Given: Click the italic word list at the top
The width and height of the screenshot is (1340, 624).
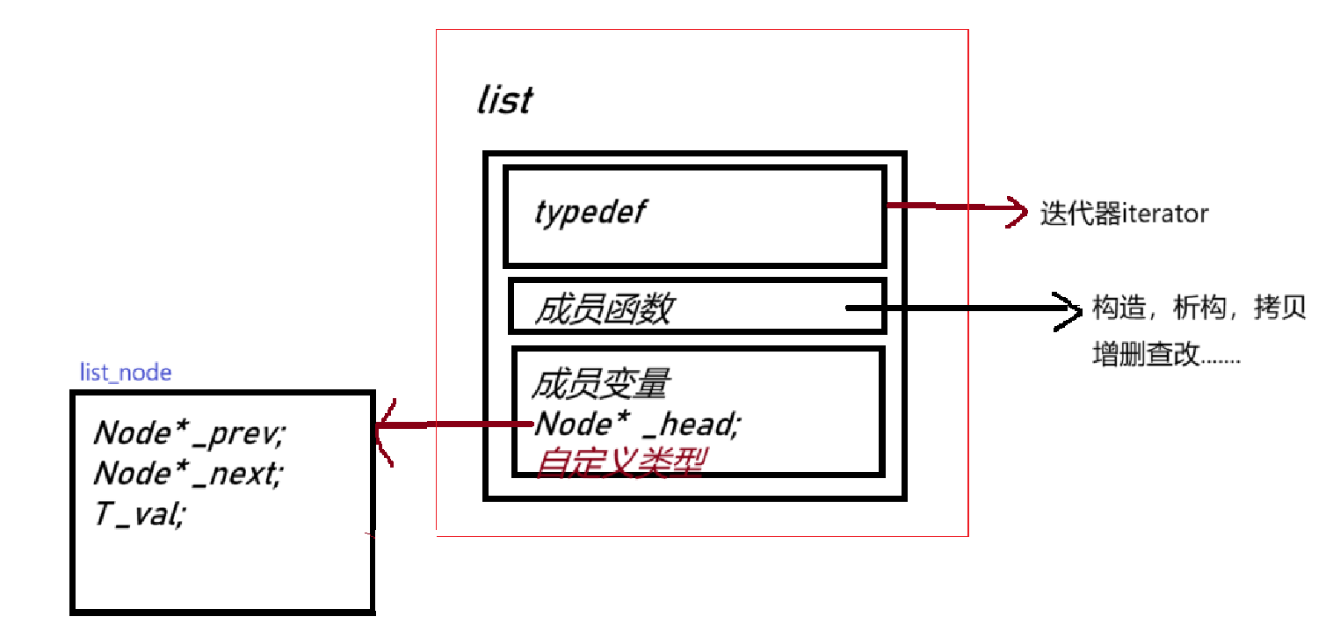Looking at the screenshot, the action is pyautogui.click(x=504, y=101).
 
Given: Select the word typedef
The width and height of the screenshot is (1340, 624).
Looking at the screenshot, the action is pyautogui.click(x=590, y=212).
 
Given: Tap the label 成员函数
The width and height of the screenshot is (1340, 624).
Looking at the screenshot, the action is pyautogui.click(x=604, y=308).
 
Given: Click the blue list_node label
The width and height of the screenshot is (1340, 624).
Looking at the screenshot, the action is pyautogui.click(x=126, y=373).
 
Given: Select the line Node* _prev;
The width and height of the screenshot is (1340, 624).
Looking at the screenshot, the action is pyautogui.click(x=190, y=432).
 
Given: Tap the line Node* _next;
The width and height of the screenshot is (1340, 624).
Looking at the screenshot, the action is pyautogui.click(x=188, y=474).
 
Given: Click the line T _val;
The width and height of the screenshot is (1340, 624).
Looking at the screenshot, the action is pyautogui.click(x=140, y=514).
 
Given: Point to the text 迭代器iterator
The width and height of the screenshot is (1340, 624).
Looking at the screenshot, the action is pyautogui.click(x=1124, y=214).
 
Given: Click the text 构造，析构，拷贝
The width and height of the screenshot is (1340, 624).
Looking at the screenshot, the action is pyautogui.click(x=1199, y=308).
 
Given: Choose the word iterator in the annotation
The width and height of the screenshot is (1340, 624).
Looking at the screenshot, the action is pyautogui.click(x=1165, y=214).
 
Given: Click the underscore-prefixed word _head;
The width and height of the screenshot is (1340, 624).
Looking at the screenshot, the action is pyautogui.click(x=693, y=424).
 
